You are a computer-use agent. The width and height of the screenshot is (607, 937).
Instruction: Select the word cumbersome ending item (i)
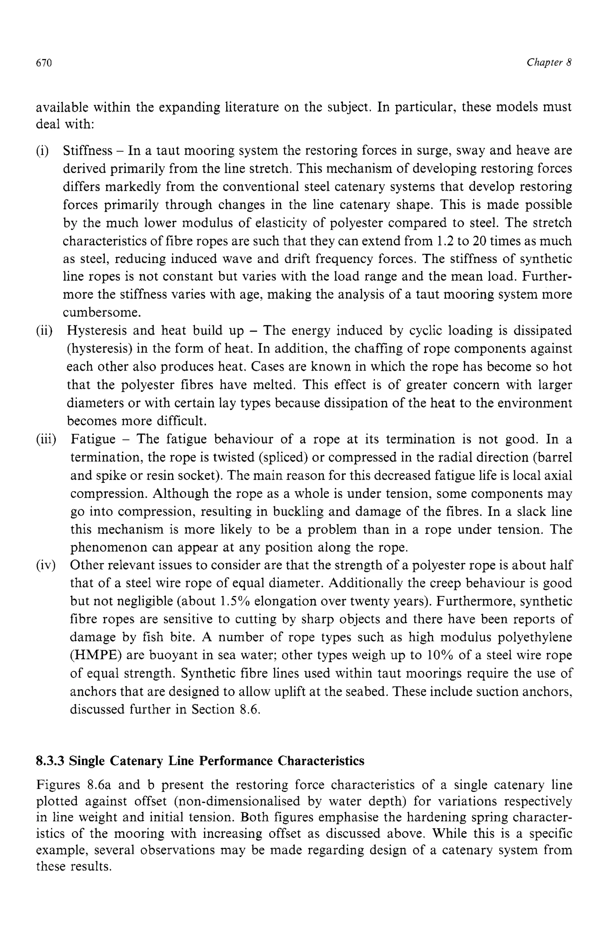pyautogui.click(x=102, y=313)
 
